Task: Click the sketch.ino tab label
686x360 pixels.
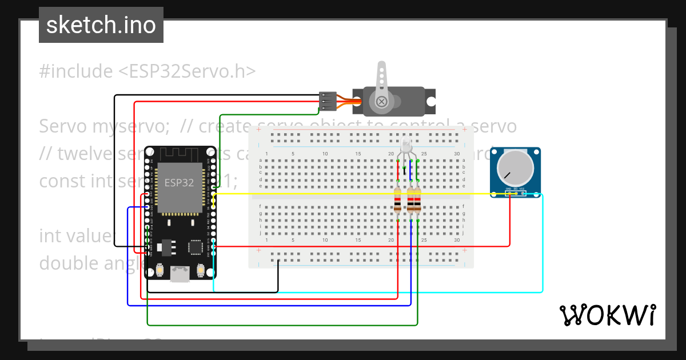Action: tap(101, 25)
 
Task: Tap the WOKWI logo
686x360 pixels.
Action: tap(607, 315)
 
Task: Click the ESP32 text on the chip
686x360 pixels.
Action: tap(179, 183)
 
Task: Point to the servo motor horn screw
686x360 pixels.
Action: tap(381, 101)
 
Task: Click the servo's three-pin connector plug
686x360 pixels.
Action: tap(327, 101)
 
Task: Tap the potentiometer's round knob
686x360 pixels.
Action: tap(514, 167)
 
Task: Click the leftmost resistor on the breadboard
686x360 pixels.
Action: tap(398, 200)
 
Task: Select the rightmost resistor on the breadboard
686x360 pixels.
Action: tap(417, 200)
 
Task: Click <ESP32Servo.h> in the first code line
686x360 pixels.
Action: tap(187, 71)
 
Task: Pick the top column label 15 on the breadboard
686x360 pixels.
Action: tap(358, 154)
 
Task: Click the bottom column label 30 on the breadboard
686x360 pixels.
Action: tap(456, 240)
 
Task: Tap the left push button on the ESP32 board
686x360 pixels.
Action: tap(159, 269)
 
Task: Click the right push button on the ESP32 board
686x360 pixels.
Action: tap(201, 269)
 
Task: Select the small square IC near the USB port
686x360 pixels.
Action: tap(196, 247)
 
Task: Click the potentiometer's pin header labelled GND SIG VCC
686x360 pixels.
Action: tap(514, 193)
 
